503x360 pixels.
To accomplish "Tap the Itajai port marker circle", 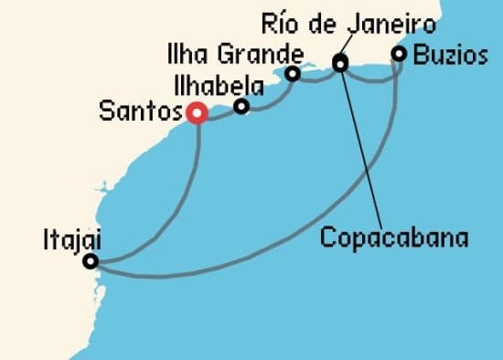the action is click(x=90, y=262).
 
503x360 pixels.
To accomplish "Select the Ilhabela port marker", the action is click(x=241, y=107).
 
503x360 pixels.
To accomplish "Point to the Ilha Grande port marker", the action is click(x=293, y=74).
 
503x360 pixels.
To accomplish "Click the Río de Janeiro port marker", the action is click(x=340, y=64).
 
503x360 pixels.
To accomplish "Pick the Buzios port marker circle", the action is click(x=399, y=54).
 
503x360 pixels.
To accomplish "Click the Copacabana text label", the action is click(x=394, y=239).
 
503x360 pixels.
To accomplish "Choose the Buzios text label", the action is click(x=450, y=54).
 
